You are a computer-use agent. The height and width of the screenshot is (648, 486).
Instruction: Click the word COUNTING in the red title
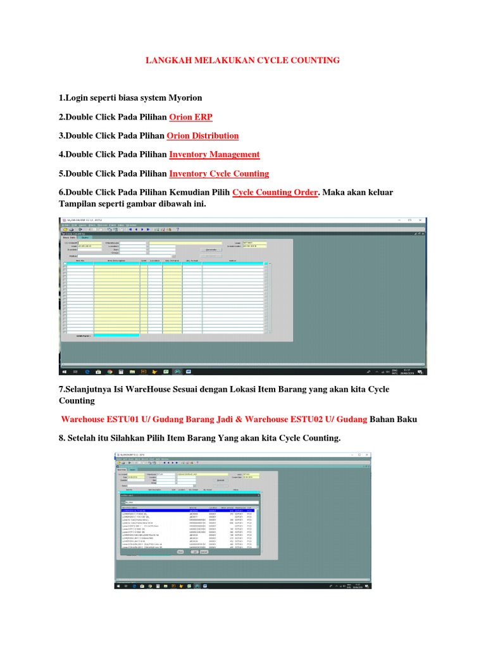pyautogui.click(x=315, y=60)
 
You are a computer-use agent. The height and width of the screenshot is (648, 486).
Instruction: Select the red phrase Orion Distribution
pyautogui.click(x=202, y=136)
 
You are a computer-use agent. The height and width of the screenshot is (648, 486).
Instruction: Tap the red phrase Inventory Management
pyautogui.click(x=214, y=154)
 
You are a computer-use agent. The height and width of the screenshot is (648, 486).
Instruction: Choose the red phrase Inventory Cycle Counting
pyautogui.click(x=219, y=173)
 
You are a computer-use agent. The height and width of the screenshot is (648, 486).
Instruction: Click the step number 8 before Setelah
pyautogui.click(x=61, y=439)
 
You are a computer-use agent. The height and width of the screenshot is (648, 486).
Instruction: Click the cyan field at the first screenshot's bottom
pyautogui.click(x=116, y=335)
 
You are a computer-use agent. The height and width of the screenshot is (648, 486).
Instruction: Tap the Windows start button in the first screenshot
pyautogui.click(x=63, y=371)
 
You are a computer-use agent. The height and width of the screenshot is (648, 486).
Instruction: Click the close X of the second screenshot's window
pyautogui.click(x=368, y=454)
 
